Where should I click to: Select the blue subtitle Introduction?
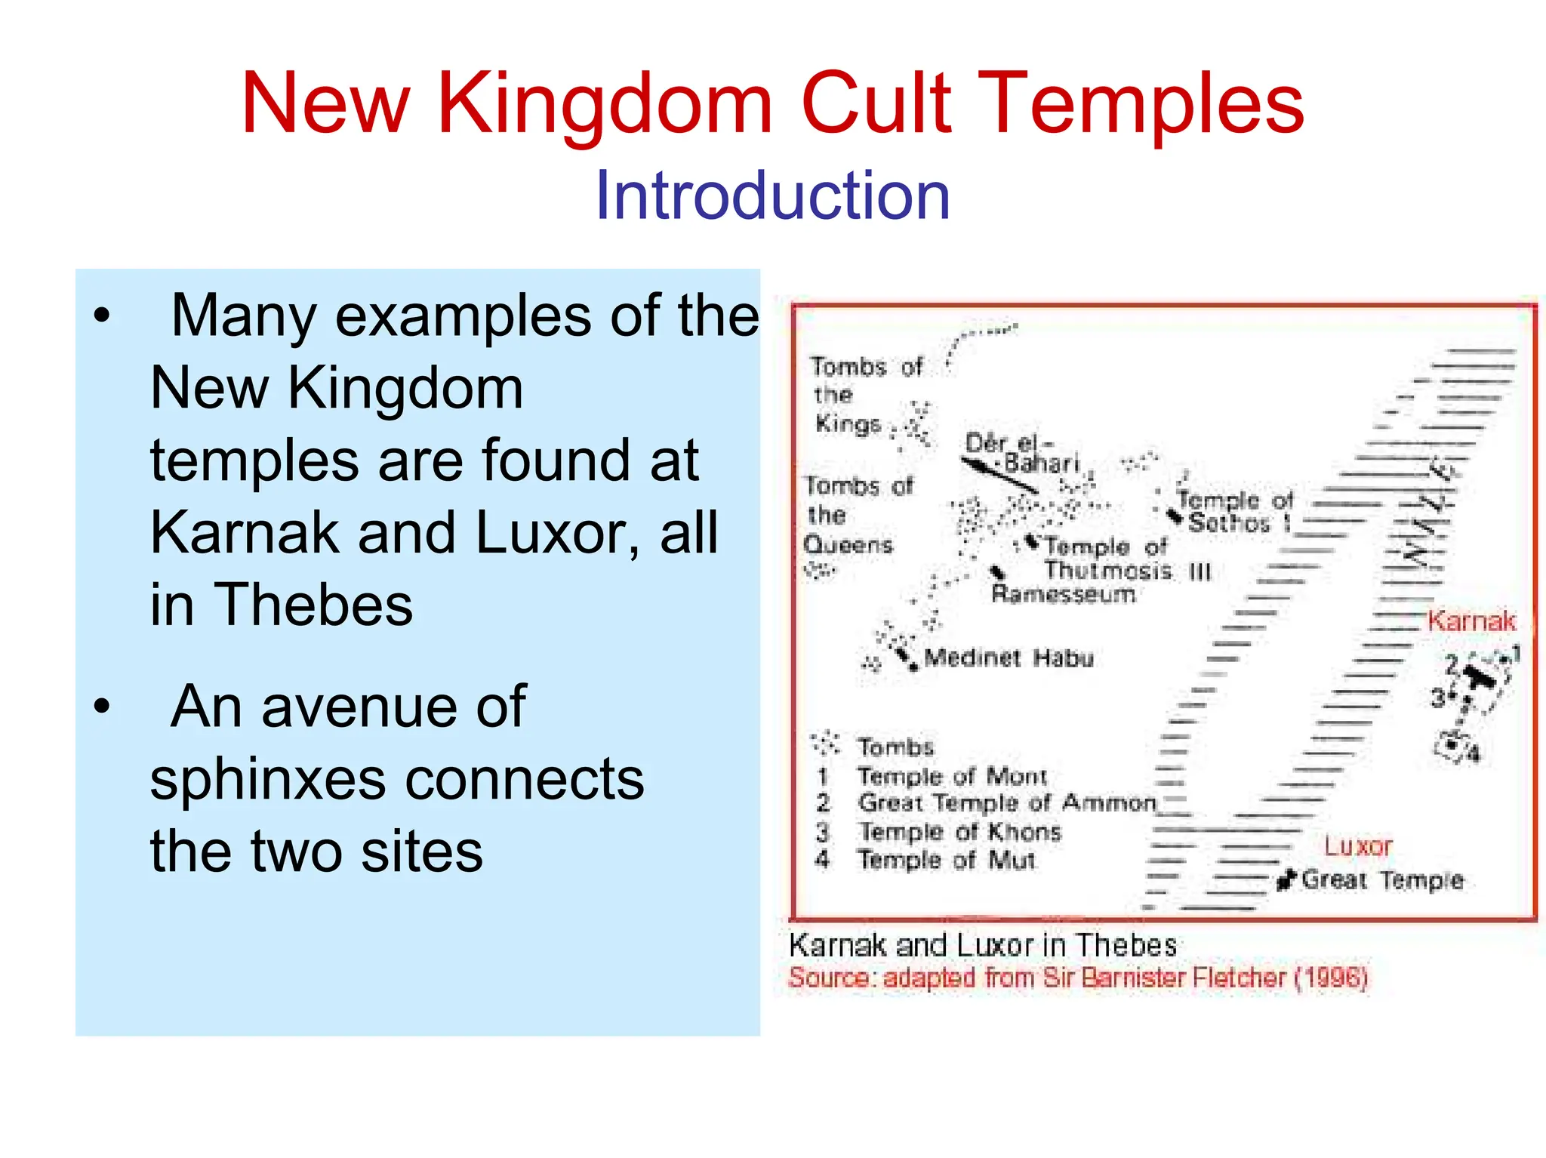(772, 196)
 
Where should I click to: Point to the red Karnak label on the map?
(1471, 621)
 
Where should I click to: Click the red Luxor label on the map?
(1357, 845)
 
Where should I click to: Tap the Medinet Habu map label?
(1009, 658)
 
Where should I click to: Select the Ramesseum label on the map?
(1063, 594)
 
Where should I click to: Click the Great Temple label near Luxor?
(1381, 879)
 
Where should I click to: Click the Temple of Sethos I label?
(1234, 511)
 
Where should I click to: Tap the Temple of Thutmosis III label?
(1117, 558)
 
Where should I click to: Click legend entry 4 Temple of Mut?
(945, 860)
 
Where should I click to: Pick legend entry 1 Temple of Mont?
(951, 776)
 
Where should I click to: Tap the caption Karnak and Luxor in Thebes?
(982, 945)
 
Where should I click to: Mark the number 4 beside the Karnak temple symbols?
(1474, 753)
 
